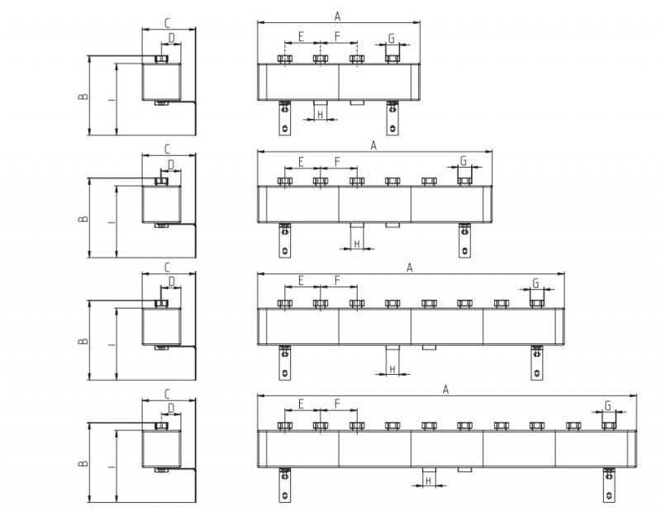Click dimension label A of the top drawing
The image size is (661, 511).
click(x=337, y=17)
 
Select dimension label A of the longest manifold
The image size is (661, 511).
click(x=445, y=390)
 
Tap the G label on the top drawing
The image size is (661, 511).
click(x=392, y=38)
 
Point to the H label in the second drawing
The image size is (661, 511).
click(x=357, y=244)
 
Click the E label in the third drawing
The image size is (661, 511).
click(x=301, y=280)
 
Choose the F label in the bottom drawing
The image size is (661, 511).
click(x=337, y=404)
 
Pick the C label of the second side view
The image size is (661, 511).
click(x=168, y=149)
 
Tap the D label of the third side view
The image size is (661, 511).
click(x=171, y=282)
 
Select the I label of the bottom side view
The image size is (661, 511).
click(x=112, y=466)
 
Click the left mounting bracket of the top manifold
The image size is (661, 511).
click(x=285, y=118)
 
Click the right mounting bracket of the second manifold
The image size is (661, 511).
click(x=464, y=240)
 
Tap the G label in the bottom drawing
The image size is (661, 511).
click(x=608, y=405)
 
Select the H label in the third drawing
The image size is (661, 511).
click(x=392, y=369)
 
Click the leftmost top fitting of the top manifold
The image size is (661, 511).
click(x=285, y=59)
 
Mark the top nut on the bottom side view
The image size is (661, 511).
click(x=161, y=426)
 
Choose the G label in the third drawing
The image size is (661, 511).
click(x=535, y=283)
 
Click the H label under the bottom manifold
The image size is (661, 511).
click(x=429, y=480)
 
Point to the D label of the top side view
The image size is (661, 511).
click(x=171, y=38)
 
